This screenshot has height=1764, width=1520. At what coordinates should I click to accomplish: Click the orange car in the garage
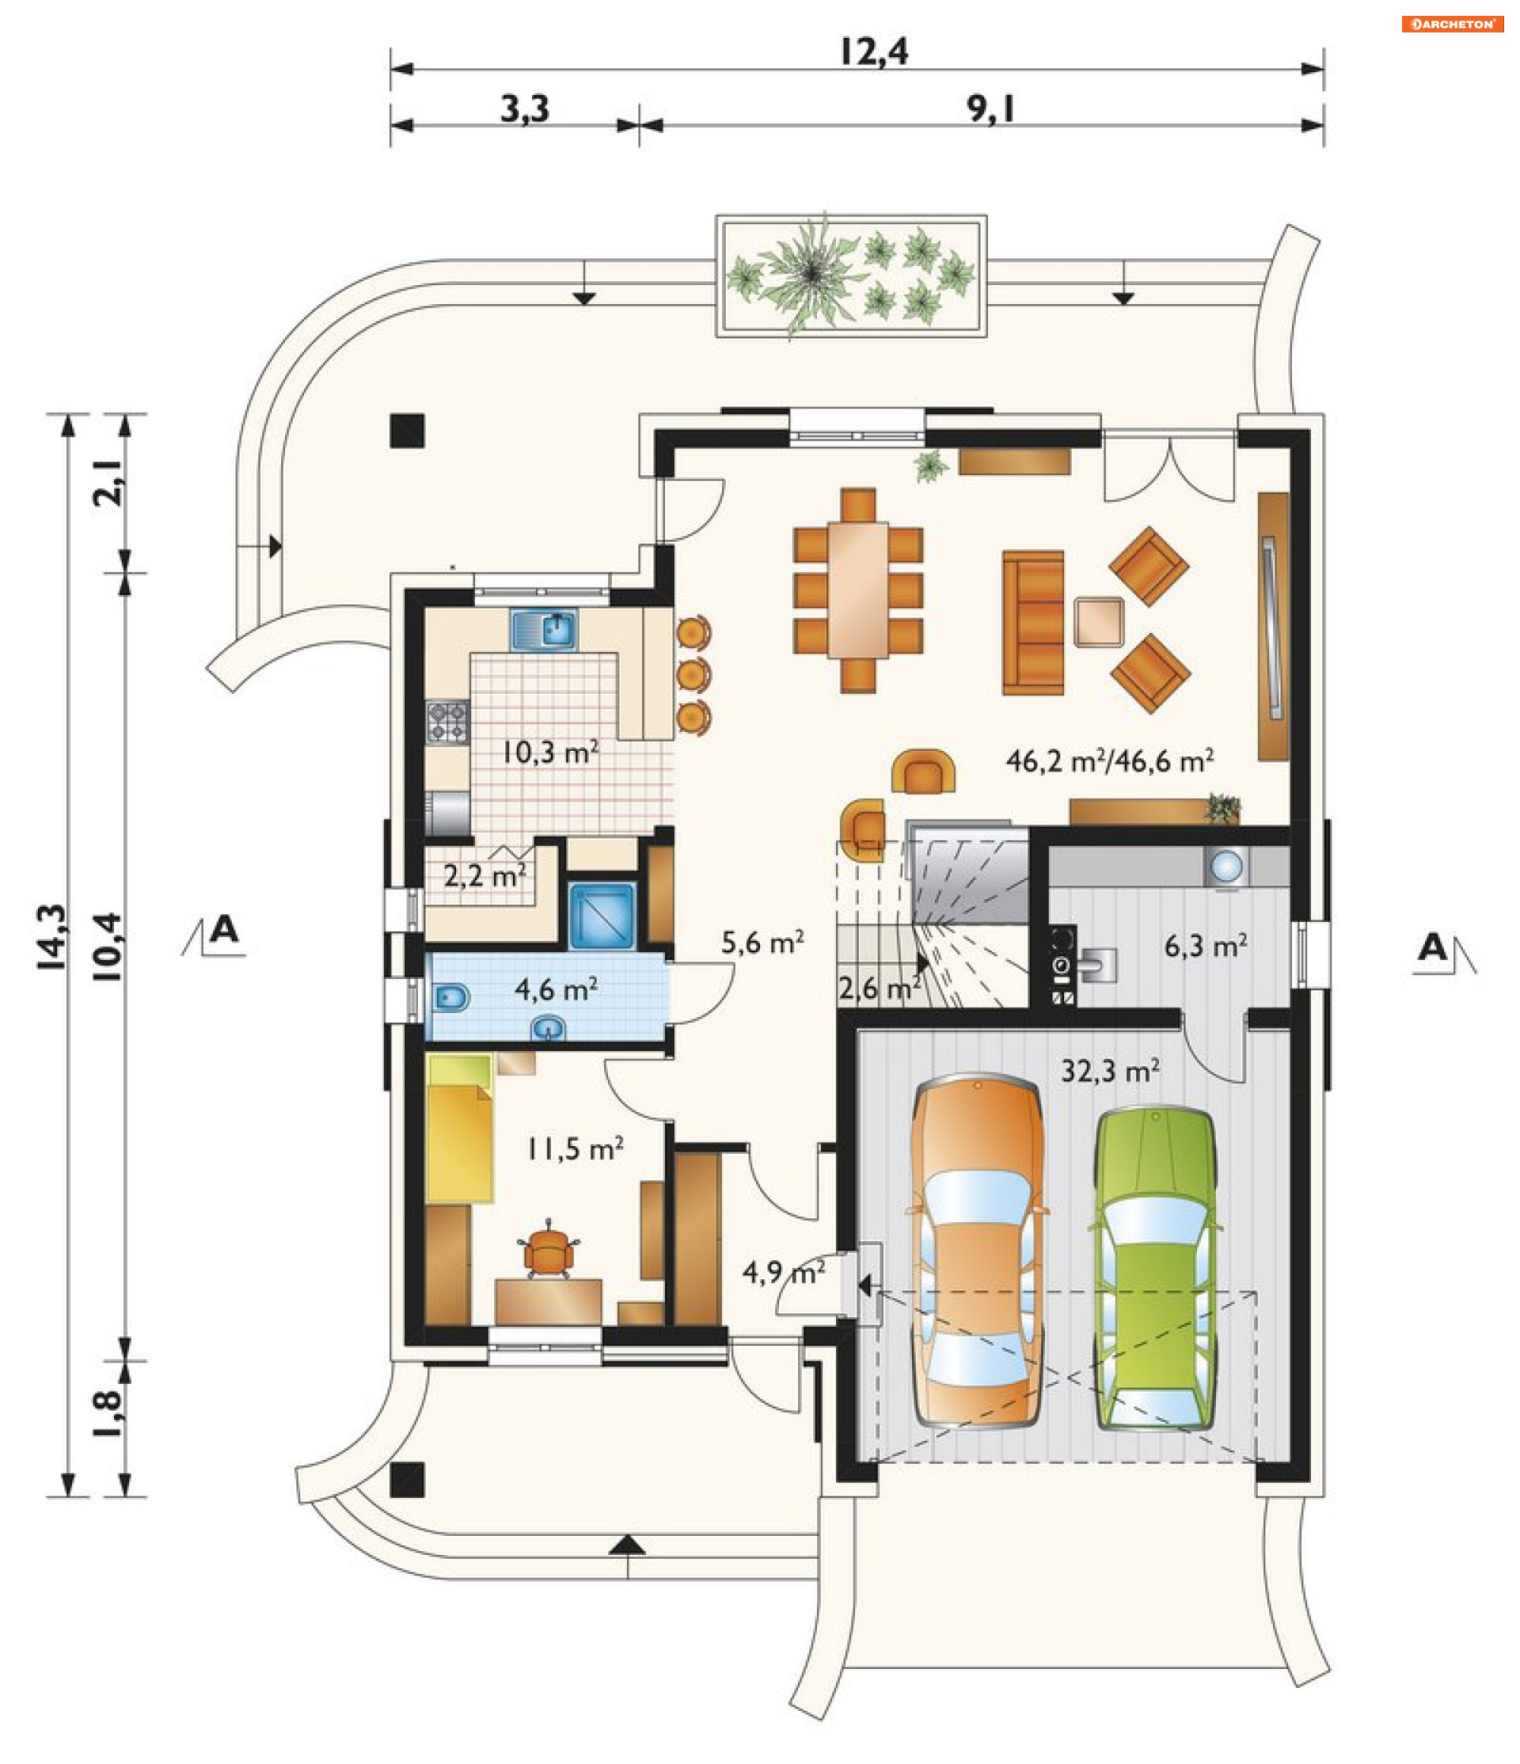(978, 1251)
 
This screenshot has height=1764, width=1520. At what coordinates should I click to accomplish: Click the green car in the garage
(1155, 1268)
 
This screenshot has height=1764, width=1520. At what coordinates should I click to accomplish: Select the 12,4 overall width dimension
(874, 51)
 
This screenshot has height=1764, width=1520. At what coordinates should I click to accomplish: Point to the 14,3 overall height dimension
(53, 936)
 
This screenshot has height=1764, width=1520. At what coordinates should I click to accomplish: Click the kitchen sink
(544, 630)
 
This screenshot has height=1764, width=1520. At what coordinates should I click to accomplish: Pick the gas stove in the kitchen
(447, 721)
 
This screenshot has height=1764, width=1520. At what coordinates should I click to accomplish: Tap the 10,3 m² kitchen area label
(549, 752)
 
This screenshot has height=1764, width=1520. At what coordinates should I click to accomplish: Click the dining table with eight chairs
(858, 590)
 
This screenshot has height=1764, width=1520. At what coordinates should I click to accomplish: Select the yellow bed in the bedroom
(460, 1127)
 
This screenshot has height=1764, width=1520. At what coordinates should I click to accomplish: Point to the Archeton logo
(1453, 24)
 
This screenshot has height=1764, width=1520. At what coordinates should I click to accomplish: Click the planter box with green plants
(851, 275)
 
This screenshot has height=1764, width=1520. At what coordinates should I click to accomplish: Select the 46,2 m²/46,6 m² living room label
(1110, 760)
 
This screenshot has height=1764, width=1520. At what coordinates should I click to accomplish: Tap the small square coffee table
(1099, 623)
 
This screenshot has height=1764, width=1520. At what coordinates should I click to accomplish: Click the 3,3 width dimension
(524, 109)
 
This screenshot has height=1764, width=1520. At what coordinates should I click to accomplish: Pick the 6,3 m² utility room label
(1206, 946)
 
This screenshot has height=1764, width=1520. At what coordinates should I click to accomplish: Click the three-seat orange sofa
(1033, 623)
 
